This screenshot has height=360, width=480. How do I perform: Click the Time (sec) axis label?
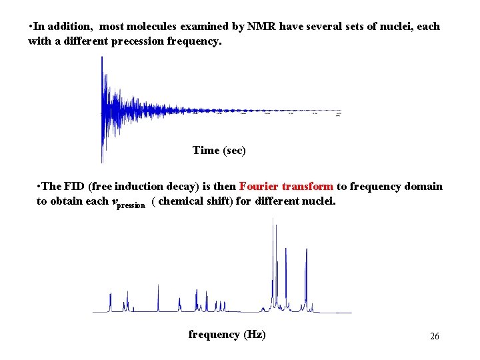point(219,151)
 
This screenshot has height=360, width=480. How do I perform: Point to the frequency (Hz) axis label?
point(227,335)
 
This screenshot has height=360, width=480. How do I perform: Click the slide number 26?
point(434,337)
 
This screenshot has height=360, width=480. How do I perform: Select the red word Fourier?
point(259,187)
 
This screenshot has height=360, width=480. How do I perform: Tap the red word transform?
point(308,187)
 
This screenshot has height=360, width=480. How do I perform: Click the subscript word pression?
point(131,205)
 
